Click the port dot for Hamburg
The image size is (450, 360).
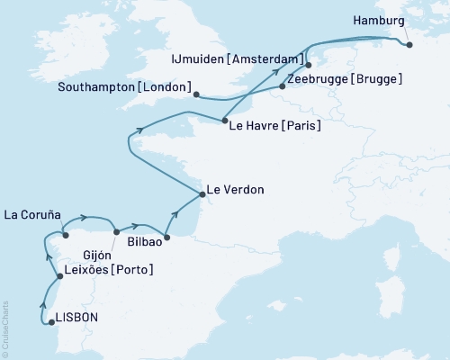409,44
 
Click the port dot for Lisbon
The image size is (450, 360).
51,321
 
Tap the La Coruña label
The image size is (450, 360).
32,215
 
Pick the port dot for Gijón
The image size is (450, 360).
116,232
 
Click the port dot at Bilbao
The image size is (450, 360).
166,238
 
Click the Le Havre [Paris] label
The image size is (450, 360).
275,126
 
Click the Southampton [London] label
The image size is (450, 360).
124,87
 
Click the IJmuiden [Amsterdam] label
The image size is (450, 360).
236,59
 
